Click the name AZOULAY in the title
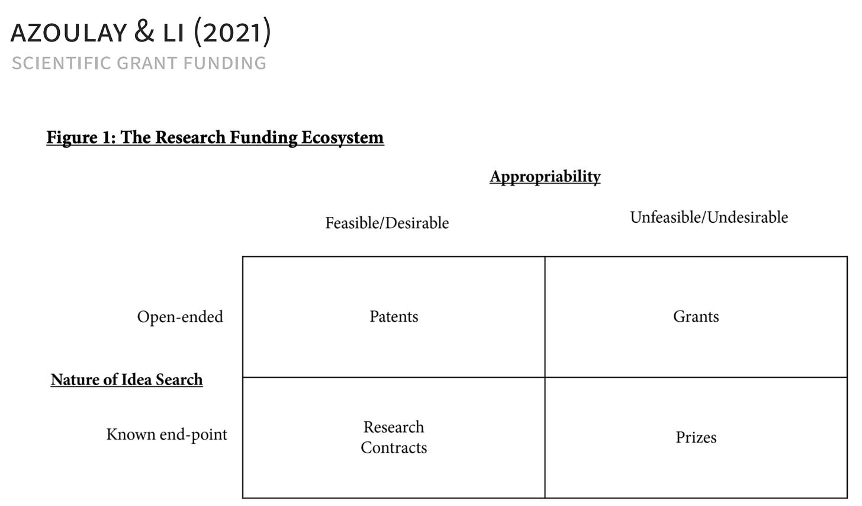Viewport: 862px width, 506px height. click(x=69, y=33)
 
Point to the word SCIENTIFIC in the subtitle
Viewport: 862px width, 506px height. click(x=62, y=63)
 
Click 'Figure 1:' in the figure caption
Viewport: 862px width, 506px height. click(x=81, y=138)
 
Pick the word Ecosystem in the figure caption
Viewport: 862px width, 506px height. click(x=342, y=138)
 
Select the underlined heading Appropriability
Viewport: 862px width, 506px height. click(x=545, y=177)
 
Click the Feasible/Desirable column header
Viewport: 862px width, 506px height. click(x=387, y=223)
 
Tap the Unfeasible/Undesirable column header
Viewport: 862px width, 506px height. click(x=709, y=217)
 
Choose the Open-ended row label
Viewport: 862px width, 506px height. click(x=180, y=317)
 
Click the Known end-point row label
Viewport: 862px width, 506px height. click(x=166, y=435)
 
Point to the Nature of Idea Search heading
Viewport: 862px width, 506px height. click(x=127, y=380)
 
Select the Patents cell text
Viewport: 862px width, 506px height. click(x=394, y=316)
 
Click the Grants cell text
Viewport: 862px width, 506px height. click(x=696, y=316)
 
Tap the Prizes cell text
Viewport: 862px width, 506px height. click(x=696, y=437)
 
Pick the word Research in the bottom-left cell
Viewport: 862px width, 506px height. click(x=394, y=427)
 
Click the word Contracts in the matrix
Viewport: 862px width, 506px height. click(x=394, y=448)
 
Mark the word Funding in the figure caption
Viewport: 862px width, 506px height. click(x=263, y=138)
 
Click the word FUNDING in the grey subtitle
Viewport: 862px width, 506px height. click(x=225, y=63)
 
